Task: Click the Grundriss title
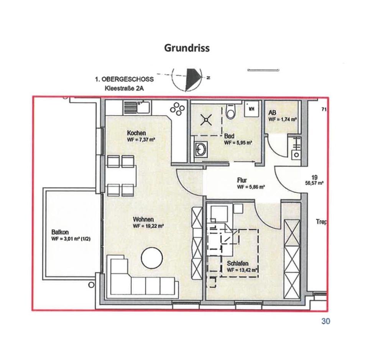[187, 48]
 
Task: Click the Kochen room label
[136, 133]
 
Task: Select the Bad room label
[229, 136]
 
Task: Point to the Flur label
[242, 180]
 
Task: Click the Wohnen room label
[143, 219]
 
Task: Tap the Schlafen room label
[238, 263]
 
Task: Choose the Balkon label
[60, 232]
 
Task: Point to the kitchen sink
[138, 107]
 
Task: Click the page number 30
[325, 321]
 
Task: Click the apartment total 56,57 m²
[314, 183]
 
